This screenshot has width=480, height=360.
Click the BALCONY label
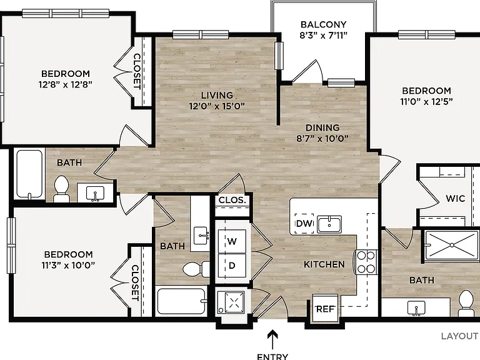(x=323, y=24)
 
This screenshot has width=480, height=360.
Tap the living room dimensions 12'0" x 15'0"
(x=217, y=106)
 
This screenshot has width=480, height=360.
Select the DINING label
(x=322, y=127)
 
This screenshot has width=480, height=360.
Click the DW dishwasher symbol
(x=304, y=224)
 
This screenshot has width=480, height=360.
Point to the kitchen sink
(x=329, y=224)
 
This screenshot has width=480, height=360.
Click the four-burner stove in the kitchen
(x=366, y=262)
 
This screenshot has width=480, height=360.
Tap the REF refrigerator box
(x=325, y=309)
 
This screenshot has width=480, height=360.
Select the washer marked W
(x=232, y=241)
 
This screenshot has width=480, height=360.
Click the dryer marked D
(x=232, y=266)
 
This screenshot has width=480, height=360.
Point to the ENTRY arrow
(x=272, y=339)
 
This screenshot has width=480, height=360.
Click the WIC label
(x=455, y=198)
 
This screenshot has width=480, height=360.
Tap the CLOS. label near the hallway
(x=232, y=200)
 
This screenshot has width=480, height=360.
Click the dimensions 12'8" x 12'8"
(x=65, y=84)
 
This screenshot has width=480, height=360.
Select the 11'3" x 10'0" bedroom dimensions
(x=68, y=265)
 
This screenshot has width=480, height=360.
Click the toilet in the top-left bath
(x=61, y=189)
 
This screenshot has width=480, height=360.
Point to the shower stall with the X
(x=452, y=245)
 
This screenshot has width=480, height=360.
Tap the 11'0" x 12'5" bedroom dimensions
(x=426, y=101)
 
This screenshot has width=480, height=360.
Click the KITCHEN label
(x=324, y=264)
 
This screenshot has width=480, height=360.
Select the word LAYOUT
(x=459, y=336)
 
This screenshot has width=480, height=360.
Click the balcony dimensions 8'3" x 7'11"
(x=323, y=36)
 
